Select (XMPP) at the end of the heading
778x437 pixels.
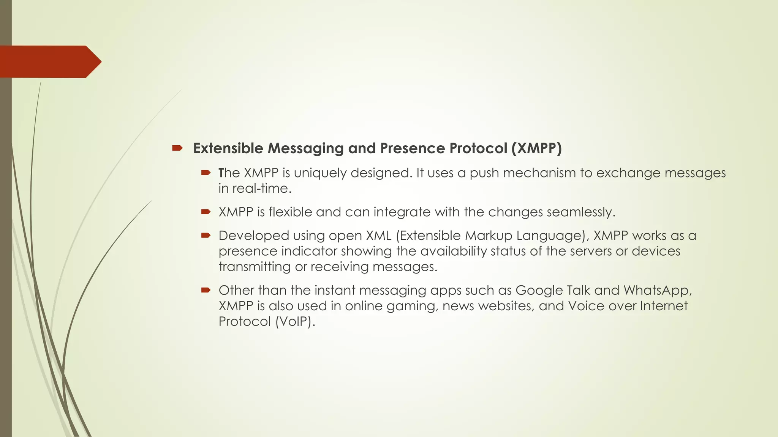(536, 148)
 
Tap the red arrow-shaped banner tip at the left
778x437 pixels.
(93, 62)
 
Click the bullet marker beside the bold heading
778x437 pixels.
(177, 148)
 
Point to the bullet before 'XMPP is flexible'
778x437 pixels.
(206, 212)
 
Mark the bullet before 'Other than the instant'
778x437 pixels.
(206, 290)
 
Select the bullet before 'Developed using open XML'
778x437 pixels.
(206, 236)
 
